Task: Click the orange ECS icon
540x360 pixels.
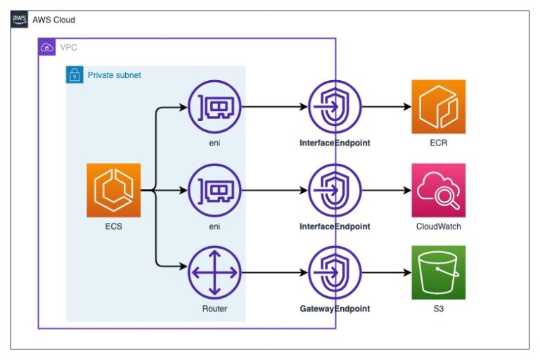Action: [x=113, y=190]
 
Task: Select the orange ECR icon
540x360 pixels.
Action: [x=439, y=107]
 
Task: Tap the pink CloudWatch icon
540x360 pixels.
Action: [x=439, y=190]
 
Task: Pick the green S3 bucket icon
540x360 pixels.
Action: [x=439, y=272]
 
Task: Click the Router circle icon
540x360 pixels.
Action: [x=214, y=273]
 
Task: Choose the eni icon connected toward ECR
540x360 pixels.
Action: [x=214, y=107]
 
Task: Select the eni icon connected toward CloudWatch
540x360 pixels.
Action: [x=214, y=190]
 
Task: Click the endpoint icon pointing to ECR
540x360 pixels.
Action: [x=335, y=107]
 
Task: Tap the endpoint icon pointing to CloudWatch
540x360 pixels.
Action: [x=335, y=190]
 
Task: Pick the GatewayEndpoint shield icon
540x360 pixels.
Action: [x=335, y=273]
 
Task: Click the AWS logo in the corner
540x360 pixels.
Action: [x=20, y=20]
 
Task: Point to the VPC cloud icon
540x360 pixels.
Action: [x=46, y=47]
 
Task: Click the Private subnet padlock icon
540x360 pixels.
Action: [x=74, y=75]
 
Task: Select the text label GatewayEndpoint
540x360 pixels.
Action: [x=335, y=309]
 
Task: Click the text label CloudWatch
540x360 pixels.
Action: [x=439, y=226]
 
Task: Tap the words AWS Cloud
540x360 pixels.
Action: [x=53, y=20]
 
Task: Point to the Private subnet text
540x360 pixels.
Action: [x=114, y=75]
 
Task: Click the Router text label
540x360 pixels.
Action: [x=214, y=309]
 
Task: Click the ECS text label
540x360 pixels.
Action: [x=113, y=226]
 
